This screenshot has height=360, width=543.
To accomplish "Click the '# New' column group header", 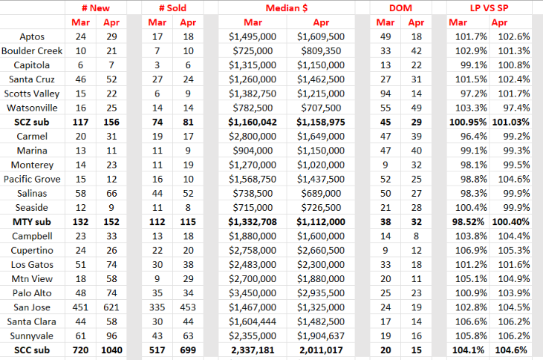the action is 96,8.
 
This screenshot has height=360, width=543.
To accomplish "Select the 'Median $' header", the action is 287,8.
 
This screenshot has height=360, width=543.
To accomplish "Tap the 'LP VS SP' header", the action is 489,8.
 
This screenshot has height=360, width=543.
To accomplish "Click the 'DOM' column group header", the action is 400,8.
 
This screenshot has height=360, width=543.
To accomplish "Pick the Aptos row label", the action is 32,36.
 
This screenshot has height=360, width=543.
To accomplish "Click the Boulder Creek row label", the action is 32,51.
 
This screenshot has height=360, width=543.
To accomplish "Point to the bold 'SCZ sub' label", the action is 32,122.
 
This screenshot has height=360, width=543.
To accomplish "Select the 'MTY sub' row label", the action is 32,222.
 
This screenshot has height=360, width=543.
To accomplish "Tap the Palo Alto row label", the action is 32,293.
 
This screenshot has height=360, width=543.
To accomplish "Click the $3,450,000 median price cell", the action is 253,293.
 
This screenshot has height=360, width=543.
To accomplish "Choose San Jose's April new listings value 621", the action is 111,307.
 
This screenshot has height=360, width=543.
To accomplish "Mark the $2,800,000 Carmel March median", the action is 253,137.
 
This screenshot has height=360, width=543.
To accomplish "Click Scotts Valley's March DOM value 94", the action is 386,94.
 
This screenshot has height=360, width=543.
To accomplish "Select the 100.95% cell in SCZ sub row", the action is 468,122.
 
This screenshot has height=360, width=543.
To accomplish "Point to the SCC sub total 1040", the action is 111,350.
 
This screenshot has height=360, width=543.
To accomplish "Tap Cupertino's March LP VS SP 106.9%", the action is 471,251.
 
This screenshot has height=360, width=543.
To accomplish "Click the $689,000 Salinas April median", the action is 321,194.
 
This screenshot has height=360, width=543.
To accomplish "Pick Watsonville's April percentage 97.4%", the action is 516,108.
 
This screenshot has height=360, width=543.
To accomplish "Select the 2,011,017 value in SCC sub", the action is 321,350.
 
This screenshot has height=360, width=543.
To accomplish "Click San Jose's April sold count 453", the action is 188,307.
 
